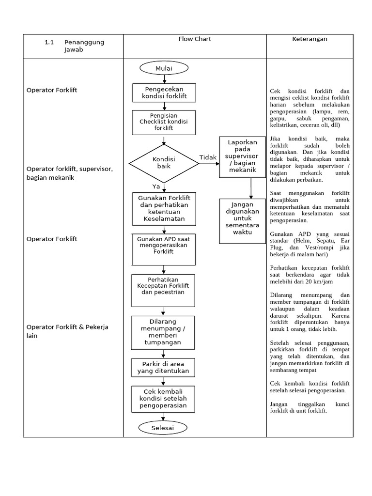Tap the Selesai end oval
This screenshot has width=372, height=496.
click(163, 428)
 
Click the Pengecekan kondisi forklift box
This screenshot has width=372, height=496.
click(164, 93)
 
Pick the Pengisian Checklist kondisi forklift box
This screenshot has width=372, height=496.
click(164, 123)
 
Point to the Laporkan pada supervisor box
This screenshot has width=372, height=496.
click(242, 157)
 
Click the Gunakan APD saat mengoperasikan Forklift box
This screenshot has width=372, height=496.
click(163, 249)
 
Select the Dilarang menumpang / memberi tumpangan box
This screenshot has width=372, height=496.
click(163, 332)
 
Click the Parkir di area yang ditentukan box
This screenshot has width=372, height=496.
click(163, 368)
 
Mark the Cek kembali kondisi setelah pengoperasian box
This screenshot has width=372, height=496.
click(163, 398)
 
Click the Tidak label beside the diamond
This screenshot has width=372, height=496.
click(208, 158)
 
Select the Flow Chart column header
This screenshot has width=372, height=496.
click(195, 39)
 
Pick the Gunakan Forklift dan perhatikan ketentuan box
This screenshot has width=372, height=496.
click(164, 209)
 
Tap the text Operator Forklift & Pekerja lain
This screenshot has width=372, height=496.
click(68, 331)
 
